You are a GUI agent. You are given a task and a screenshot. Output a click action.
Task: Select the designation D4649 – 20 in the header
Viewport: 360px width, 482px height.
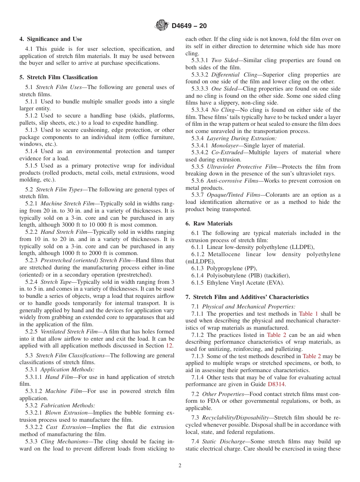coord(189,26)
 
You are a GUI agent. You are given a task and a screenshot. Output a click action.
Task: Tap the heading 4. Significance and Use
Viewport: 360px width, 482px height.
coord(51,39)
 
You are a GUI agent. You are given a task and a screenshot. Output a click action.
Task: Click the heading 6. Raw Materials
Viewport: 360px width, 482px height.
coord(209,224)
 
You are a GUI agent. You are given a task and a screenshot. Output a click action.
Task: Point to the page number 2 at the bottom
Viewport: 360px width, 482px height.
coord(180,466)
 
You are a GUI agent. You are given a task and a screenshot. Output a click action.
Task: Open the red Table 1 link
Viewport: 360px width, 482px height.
coord(308,314)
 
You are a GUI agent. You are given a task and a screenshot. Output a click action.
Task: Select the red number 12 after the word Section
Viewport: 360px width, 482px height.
coord(169,346)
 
